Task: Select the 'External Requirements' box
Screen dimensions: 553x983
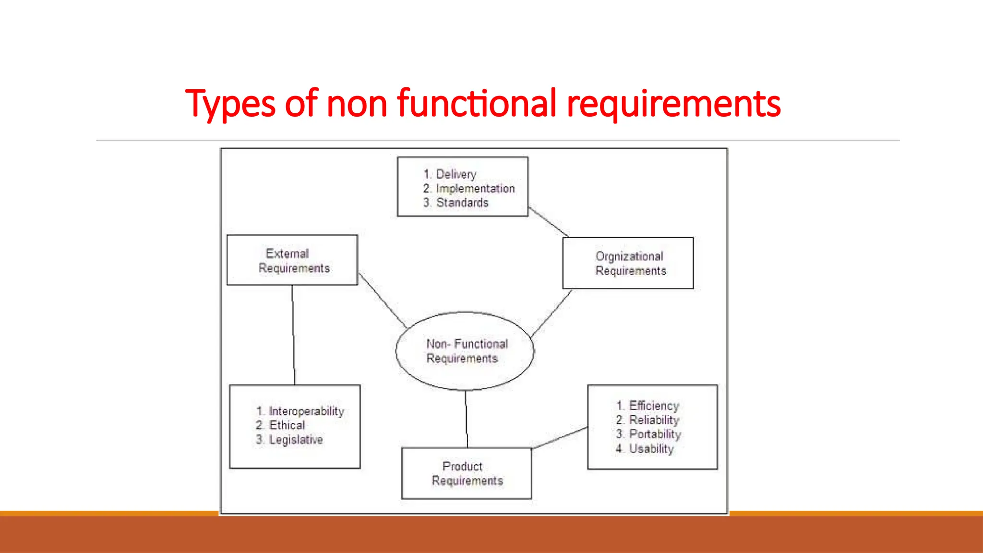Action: tap(292, 260)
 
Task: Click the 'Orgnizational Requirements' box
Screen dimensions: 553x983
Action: tap(628, 263)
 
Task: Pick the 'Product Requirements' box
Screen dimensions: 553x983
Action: tap(467, 473)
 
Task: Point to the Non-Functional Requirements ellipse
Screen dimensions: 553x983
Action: tap(465, 351)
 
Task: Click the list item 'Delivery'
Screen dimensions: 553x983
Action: tap(456, 174)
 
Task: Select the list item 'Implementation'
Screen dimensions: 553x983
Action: tap(475, 189)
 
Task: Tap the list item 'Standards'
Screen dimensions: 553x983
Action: tap(462, 203)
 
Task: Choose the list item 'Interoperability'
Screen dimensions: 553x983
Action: tap(306, 411)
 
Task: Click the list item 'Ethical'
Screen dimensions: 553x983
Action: tap(287, 425)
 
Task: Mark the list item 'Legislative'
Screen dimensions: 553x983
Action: tap(296, 440)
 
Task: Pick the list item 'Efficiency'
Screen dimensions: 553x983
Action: tap(654, 406)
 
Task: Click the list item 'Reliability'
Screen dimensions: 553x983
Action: tap(654, 420)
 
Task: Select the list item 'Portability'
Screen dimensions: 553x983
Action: tap(655, 434)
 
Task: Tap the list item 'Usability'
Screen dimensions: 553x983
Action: tap(651, 449)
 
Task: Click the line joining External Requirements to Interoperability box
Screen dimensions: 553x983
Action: tap(294, 335)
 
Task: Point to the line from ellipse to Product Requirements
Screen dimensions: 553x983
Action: tap(466, 419)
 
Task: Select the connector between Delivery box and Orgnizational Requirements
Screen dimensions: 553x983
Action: tap(549, 222)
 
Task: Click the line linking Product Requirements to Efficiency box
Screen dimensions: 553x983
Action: tap(560, 438)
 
